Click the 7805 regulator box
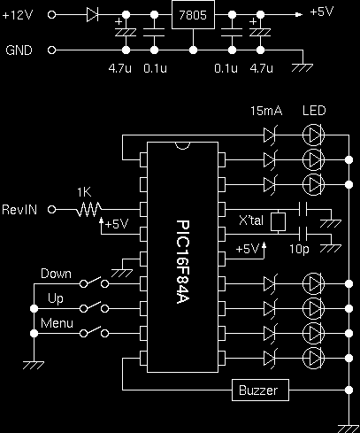(193, 15)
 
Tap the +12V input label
(18, 15)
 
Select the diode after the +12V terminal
(92, 14)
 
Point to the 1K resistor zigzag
(88, 210)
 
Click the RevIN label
(19, 210)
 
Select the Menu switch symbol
(95, 332)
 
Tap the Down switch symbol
(95, 282)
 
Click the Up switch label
(56, 298)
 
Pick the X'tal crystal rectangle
(278, 221)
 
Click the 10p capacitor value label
(299, 249)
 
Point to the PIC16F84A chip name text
(183, 261)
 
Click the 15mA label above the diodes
(266, 111)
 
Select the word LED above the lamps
(314, 111)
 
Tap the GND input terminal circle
(51, 50)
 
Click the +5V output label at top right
(322, 12)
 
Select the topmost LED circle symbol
(314, 135)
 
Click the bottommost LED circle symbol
(314, 358)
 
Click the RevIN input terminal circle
(52, 210)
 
